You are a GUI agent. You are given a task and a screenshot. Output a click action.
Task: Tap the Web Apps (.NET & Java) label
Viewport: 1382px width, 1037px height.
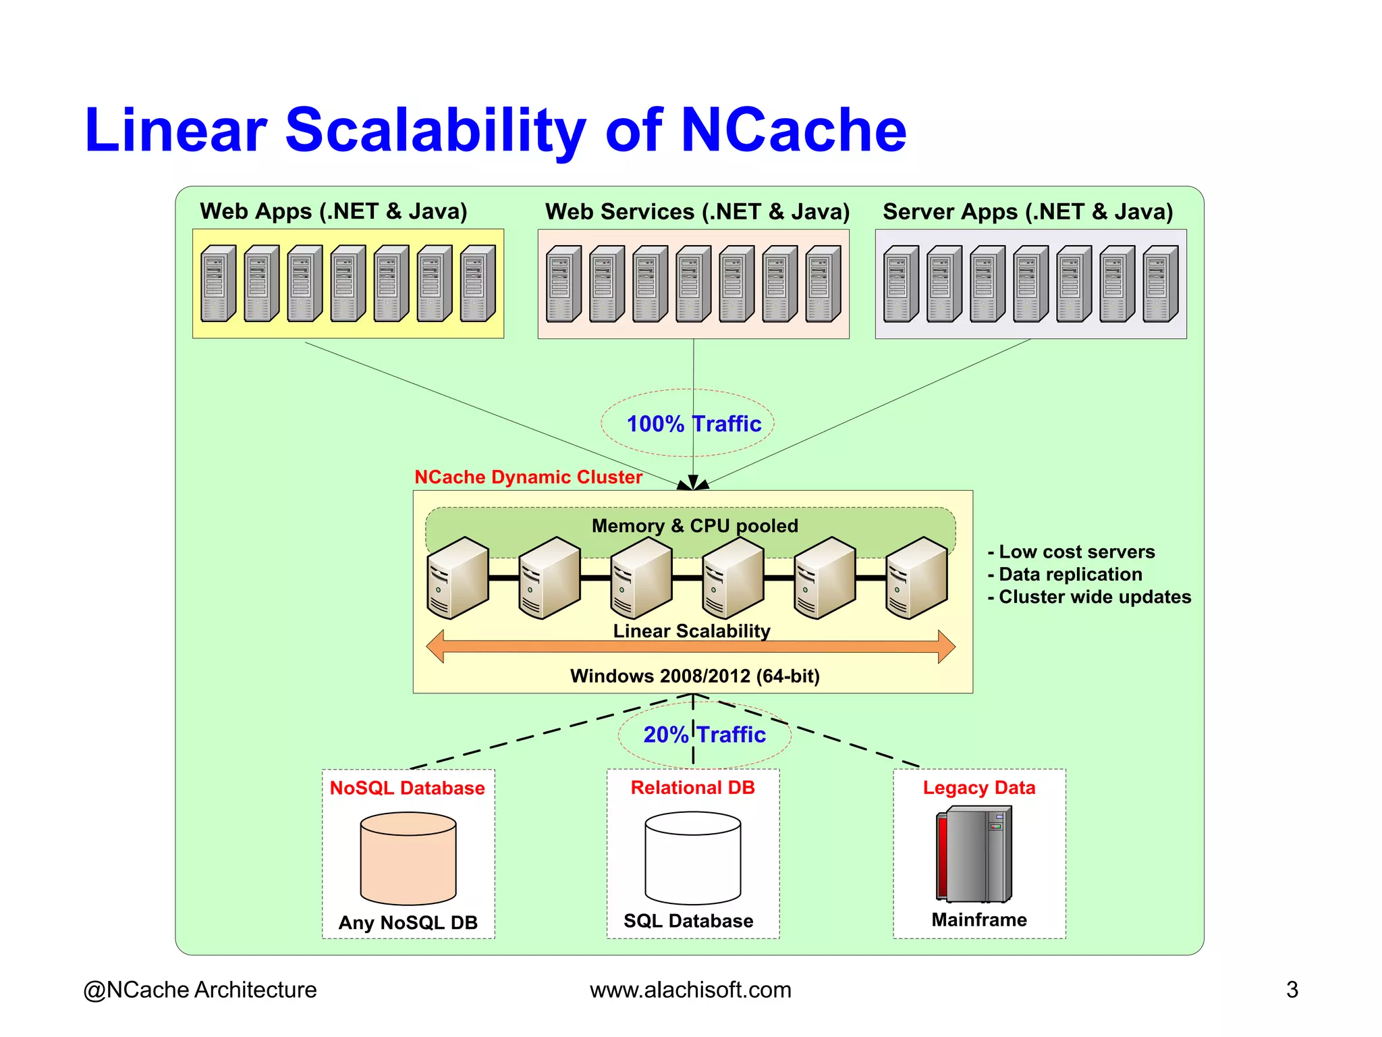(333, 211)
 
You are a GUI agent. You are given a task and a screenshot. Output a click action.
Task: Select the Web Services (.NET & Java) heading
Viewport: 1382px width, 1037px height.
(697, 212)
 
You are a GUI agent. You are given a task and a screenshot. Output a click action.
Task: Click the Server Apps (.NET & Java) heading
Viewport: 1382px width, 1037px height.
(1028, 212)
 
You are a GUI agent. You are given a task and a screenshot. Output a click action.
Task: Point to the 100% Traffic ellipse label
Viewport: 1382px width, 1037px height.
(693, 424)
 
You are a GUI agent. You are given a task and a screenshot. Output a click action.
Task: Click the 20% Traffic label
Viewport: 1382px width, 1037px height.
(704, 735)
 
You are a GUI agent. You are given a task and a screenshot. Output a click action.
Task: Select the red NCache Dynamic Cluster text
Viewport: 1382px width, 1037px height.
(528, 477)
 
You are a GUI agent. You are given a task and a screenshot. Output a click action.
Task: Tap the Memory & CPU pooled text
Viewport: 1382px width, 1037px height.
(694, 526)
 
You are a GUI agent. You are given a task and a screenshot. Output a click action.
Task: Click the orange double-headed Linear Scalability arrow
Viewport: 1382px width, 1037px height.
(690, 647)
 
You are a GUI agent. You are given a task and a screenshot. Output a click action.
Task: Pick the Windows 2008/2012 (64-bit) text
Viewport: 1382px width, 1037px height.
(694, 676)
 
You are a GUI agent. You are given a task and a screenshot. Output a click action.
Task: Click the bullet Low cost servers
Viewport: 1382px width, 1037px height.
(1076, 552)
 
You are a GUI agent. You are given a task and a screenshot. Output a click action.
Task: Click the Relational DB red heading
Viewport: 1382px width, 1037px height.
(692, 788)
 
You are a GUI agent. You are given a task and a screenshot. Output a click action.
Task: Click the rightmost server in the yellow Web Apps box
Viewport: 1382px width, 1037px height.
(477, 284)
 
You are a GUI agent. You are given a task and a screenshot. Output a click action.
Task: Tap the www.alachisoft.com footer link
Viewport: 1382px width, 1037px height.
(690, 990)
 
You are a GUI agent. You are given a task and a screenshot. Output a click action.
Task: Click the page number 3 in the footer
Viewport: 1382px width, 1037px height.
(1292, 990)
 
